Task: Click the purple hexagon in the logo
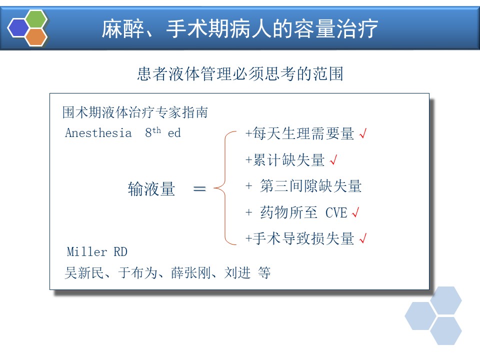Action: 18,27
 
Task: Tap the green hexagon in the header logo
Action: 36,18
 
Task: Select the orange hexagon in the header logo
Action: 36,37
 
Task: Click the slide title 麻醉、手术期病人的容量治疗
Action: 239,29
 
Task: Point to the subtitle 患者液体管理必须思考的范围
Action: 240,74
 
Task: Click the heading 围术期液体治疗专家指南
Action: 135,112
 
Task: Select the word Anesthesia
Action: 98,133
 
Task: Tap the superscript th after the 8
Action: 156,130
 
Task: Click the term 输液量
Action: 151,188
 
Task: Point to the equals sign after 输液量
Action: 199,188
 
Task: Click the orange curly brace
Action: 225,188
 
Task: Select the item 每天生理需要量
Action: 303,134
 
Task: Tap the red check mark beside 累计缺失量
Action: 333,159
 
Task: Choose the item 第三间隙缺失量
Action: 311,186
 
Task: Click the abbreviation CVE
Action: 336,212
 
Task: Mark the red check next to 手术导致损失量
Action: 363,238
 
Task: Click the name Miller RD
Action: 97,251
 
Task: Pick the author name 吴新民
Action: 84,272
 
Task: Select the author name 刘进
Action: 237,272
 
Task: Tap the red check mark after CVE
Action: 355,212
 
